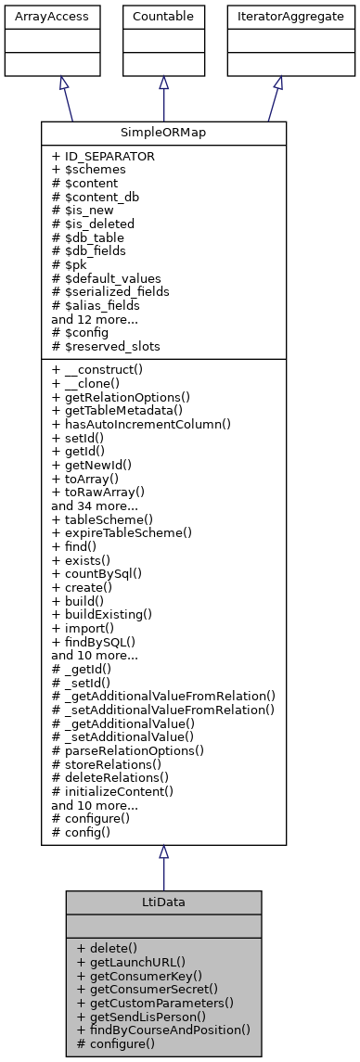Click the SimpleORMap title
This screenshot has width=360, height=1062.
tap(163, 133)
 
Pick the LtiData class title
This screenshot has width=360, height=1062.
tap(163, 902)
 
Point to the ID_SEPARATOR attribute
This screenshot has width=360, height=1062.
tap(103, 157)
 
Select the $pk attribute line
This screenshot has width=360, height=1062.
tap(71, 264)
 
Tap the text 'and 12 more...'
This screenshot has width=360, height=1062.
tap(95, 318)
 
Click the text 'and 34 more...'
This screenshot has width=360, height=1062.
tap(95, 507)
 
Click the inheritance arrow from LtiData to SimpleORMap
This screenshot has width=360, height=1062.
tap(163, 872)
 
